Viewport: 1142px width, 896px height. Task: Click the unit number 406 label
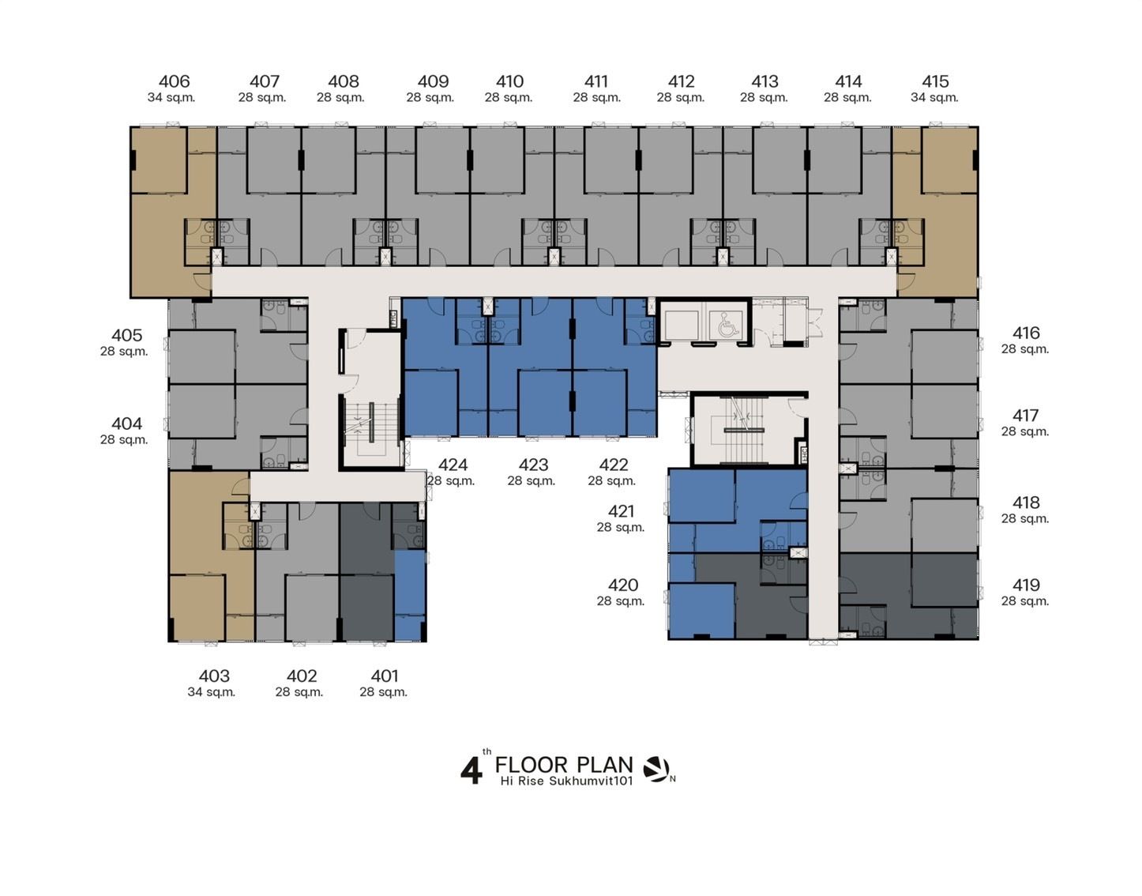coord(174,81)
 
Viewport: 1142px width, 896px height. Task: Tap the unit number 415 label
coord(935,81)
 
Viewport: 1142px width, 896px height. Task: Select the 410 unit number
coord(509,81)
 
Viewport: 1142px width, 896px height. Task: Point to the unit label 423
coord(533,465)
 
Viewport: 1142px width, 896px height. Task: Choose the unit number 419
coord(1026,585)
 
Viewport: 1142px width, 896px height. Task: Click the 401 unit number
coord(384,676)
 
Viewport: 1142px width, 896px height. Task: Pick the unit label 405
coord(126,335)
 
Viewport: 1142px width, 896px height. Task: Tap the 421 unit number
coord(621,510)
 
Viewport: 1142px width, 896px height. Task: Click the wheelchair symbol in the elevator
coord(725,326)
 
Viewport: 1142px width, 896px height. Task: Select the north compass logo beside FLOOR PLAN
coord(656,770)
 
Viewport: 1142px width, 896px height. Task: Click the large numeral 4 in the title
coord(471,771)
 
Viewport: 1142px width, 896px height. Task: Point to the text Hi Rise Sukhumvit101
coord(566,781)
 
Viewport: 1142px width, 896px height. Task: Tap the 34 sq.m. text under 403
coord(212,692)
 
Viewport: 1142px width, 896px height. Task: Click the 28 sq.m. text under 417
coord(1025,431)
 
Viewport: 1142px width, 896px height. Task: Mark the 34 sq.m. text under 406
coord(171,98)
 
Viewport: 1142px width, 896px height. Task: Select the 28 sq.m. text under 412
coord(681,98)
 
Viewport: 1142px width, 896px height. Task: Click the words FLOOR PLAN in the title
coord(564,765)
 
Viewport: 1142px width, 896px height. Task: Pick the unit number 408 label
coord(344,81)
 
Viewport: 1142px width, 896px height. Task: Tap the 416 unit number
coord(1026,333)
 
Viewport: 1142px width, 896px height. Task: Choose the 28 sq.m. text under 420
coord(621,601)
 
